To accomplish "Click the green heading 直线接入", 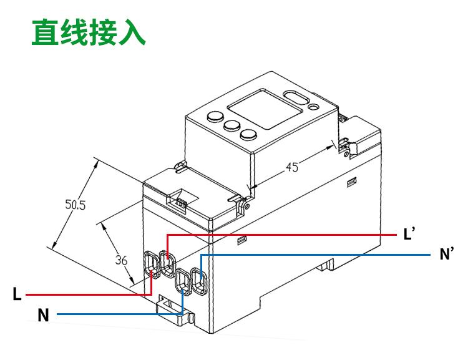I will point(88,32).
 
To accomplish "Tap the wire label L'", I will point(409,235).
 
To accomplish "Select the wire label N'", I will point(446,254).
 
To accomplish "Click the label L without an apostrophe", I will point(17,294).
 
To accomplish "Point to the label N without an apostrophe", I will point(43,316).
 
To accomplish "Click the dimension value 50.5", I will point(76,203).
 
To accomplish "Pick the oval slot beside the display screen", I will point(297,98).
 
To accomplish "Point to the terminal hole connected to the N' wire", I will point(199,281).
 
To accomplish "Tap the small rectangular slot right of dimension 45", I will point(352,182).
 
